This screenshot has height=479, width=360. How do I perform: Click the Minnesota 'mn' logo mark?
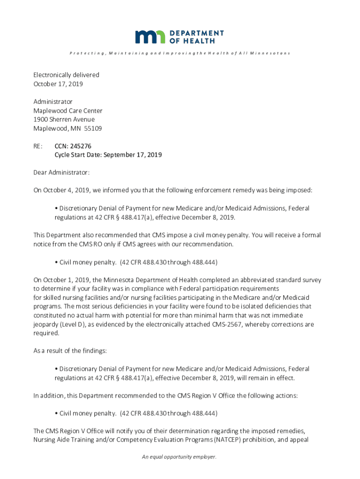(x=150, y=37)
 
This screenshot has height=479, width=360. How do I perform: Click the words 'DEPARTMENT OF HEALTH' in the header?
(x=196, y=37)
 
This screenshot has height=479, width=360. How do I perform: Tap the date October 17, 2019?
(x=58, y=84)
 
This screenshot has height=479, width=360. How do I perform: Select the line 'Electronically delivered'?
(x=66, y=75)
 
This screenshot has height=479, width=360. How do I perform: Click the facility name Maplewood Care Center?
(x=68, y=111)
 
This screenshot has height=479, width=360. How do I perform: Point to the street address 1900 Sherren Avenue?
(x=64, y=120)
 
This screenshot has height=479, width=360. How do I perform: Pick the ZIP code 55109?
(x=93, y=129)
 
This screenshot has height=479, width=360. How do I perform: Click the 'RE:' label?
(x=38, y=146)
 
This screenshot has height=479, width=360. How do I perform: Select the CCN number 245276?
(x=82, y=146)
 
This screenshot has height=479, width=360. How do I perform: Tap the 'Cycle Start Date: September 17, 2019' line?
(x=108, y=155)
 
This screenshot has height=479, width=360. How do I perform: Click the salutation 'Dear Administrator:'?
(x=61, y=173)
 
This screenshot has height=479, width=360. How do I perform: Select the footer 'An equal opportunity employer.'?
(x=180, y=457)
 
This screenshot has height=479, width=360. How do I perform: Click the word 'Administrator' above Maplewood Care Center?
(x=53, y=102)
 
